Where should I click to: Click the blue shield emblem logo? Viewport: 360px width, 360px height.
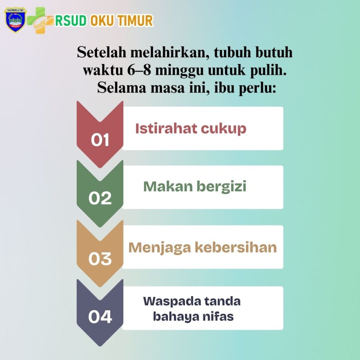15,20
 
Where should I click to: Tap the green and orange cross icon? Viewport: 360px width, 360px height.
40,20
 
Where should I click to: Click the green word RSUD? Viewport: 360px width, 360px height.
71,20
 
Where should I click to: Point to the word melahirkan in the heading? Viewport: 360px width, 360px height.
170,52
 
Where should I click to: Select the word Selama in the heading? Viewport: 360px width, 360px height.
122,88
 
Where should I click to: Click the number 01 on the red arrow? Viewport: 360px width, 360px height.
100,140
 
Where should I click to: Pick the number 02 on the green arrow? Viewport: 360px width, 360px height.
100,198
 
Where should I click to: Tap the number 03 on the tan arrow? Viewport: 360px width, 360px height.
100,258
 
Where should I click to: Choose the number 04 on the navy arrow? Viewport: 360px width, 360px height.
100,317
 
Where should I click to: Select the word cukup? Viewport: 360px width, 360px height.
224,129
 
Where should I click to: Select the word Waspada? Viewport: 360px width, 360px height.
172,302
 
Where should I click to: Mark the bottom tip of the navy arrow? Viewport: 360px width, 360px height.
100,346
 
